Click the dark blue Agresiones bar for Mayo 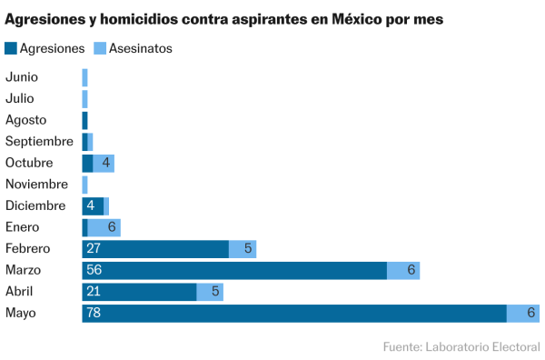tap(293, 314)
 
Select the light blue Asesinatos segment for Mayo tap(522, 314)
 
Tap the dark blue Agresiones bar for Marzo tap(234, 270)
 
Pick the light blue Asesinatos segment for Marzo tap(403, 270)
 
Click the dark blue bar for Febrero tap(155, 249)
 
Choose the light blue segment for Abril tap(210, 292)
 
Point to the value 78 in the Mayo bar tap(94, 314)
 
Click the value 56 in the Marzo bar tap(94, 270)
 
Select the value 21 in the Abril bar tap(93, 292)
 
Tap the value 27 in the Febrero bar tap(94, 249)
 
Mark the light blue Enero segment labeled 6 tap(104, 227)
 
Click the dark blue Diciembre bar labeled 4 tap(93, 205)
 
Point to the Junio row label tap(22, 76)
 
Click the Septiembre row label tap(39, 141)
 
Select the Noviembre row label tap(35, 185)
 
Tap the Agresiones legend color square tap(10, 48)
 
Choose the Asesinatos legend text tap(141, 48)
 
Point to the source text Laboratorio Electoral tap(481, 346)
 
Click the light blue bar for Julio tap(84, 98)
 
